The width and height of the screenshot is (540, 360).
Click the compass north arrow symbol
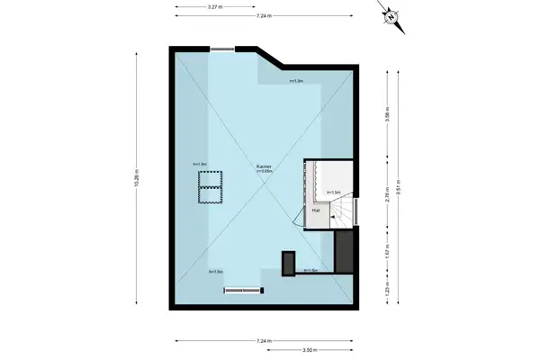coord(391,16)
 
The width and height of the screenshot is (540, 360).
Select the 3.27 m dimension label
coord(215,7)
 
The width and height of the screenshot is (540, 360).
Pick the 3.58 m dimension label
coord(388,115)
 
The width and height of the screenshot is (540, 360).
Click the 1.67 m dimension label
coord(388,253)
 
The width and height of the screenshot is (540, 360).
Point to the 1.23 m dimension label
coord(388,292)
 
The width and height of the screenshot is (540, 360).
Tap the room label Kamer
coord(264,166)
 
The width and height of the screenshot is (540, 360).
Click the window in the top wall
coord(222,49)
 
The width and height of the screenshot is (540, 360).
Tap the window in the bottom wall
coord(242,290)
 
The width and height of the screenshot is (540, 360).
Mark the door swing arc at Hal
coord(298,216)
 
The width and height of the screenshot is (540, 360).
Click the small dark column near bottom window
coord(288,262)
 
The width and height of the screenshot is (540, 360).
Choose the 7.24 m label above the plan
coord(265,17)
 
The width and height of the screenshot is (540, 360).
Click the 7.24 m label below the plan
coord(265,340)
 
